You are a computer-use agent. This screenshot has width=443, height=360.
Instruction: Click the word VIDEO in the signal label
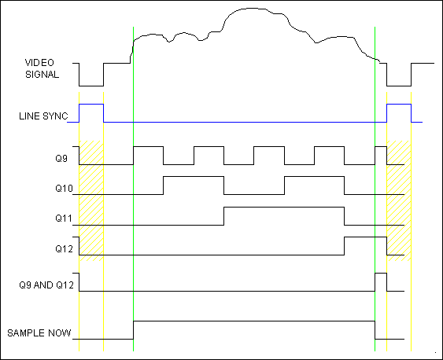(x=39, y=63)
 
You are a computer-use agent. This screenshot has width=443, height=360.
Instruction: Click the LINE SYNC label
(x=43, y=116)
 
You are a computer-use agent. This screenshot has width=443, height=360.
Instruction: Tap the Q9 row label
(x=61, y=158)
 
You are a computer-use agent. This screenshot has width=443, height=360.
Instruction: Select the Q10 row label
(x=65, y=188)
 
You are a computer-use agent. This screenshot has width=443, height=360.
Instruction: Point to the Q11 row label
(x=64, y=218)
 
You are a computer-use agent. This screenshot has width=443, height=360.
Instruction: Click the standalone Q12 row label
(x=65, y=248)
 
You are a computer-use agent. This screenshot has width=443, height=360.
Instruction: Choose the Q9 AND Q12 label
(x=46, y=285)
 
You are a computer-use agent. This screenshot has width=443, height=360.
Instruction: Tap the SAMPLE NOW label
(x=39, y=333)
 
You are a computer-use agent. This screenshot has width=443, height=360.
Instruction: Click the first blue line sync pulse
(x=91, y=105)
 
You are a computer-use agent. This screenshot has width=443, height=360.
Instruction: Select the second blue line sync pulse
(x=399, y=105)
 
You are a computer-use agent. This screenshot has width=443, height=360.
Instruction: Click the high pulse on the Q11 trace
(x=284, y=208)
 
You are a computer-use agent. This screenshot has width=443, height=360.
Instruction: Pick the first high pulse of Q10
(x=194, y=177)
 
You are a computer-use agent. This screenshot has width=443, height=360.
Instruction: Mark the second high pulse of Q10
(x=314, y=177)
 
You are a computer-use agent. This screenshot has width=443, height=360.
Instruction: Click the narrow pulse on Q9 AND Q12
(x=381, y=273)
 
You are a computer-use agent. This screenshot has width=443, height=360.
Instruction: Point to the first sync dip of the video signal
(x=91, y=86)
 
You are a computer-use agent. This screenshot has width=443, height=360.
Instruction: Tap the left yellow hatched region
(x=91, y=200)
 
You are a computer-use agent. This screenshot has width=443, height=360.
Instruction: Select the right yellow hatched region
(x=399, y=200)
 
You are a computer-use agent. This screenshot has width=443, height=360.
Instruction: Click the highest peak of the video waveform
(x=252, y=8)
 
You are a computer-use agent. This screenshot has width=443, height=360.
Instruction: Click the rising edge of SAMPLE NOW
(x=133, y=330)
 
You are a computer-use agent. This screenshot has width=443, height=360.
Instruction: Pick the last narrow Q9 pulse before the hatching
(x=381, y=147)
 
